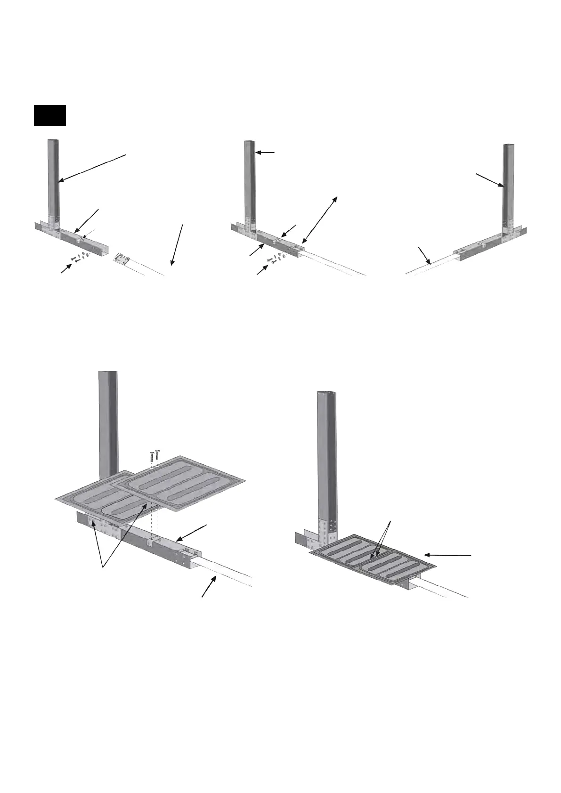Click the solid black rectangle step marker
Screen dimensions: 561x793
coord(49,115)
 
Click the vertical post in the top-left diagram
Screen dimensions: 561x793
coord(54,179)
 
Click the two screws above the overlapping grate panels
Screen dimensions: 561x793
coord(154,457)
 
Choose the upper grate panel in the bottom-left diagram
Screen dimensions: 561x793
coord(181,483)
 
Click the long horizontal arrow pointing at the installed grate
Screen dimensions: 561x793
coord(447,556)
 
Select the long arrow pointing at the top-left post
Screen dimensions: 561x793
coord(92,168)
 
